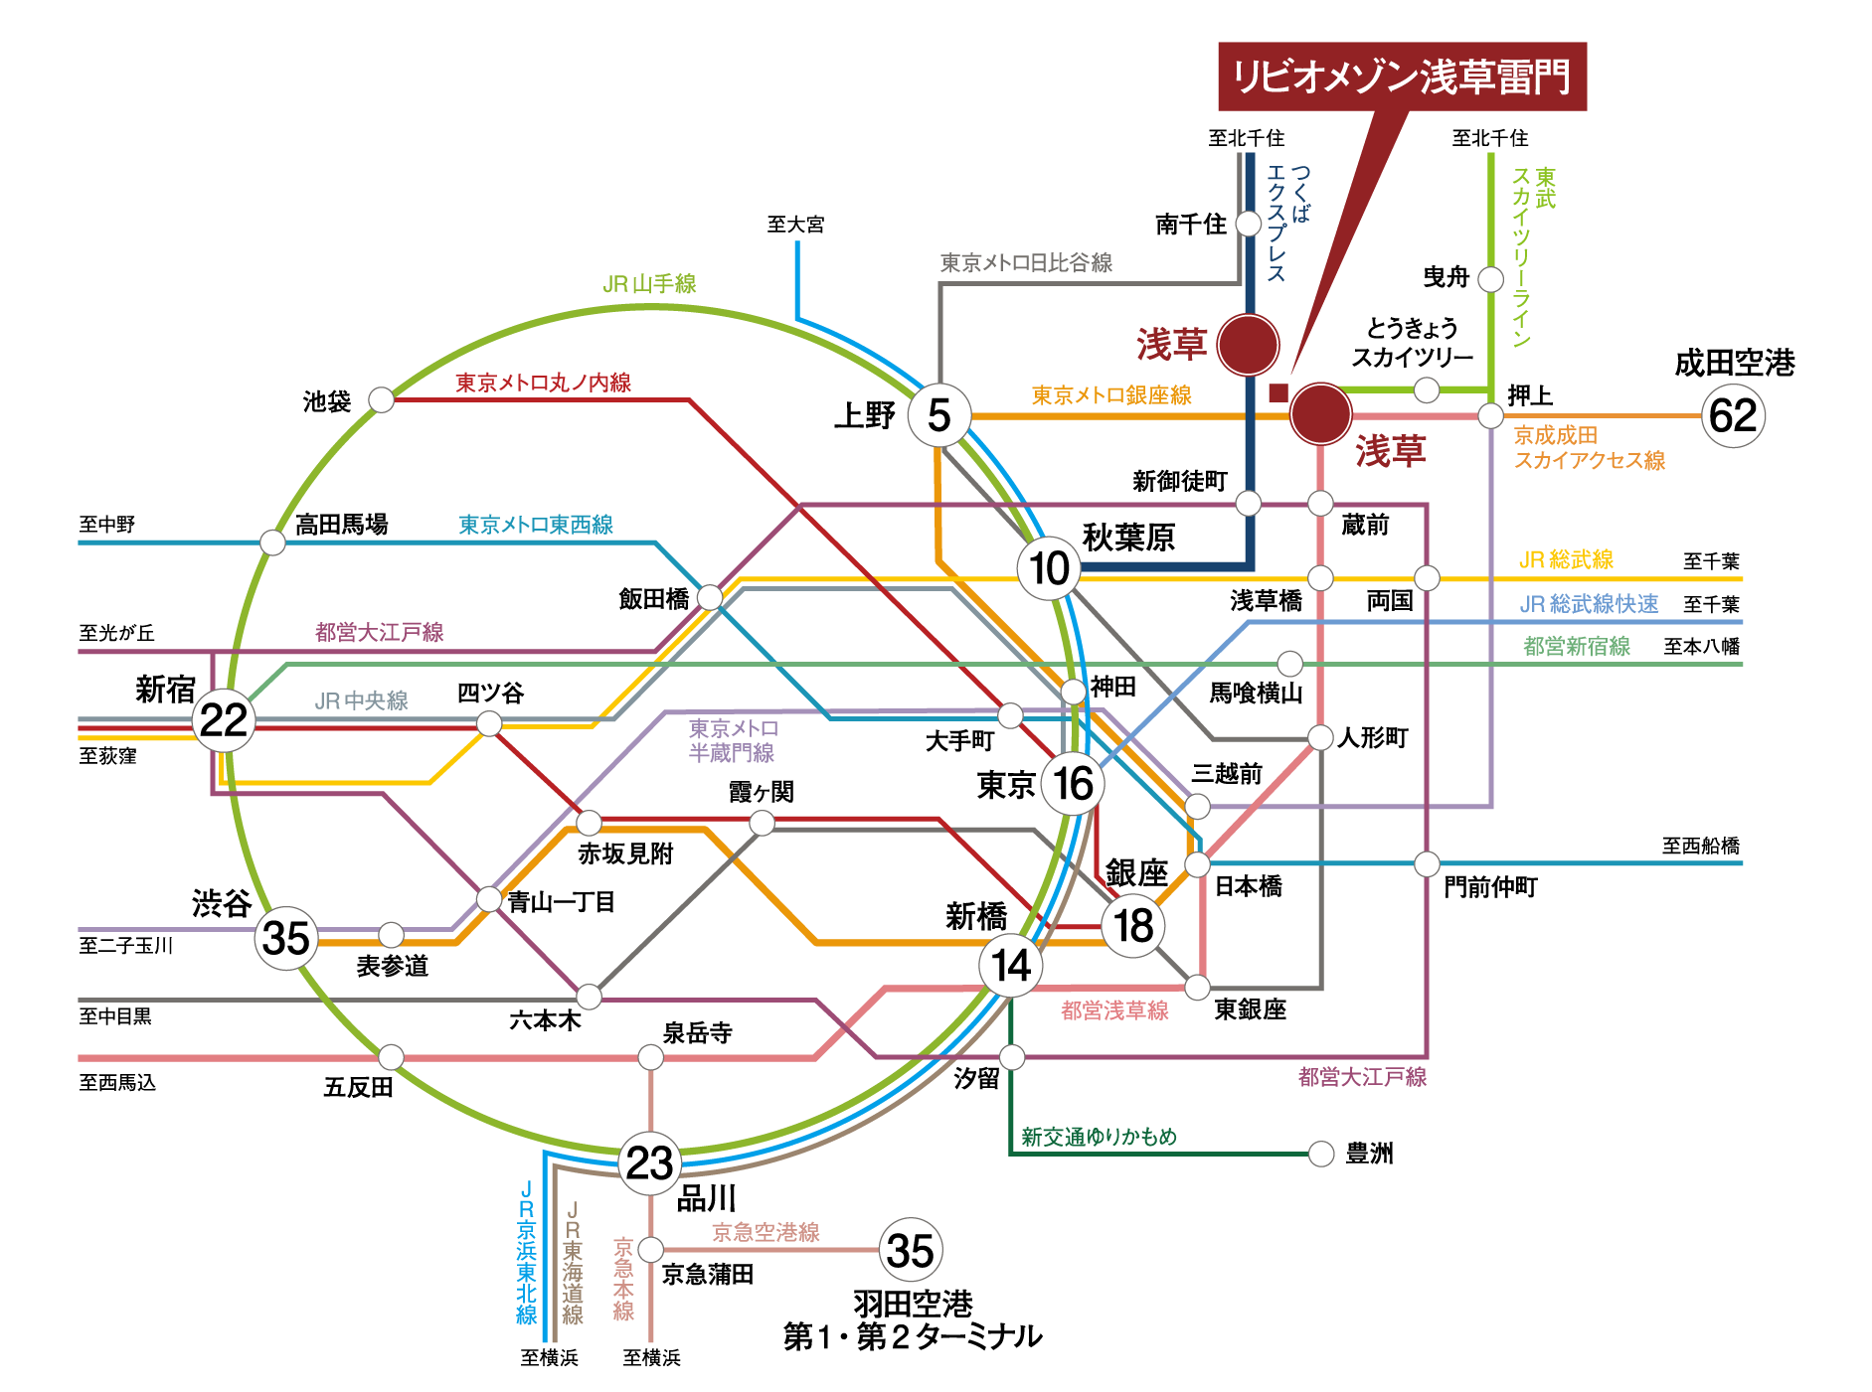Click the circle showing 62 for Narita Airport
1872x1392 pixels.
[x=1733, y=415]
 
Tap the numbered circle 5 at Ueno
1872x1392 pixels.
[x=938, y=415]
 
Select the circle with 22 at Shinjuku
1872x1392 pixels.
[x=223, y=720]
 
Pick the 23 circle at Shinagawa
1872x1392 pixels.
[x=650, y=1162]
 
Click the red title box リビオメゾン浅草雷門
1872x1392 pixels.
[x=1401, y=77]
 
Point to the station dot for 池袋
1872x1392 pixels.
[x=381, y=399]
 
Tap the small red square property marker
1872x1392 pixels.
[x=1278, y=392]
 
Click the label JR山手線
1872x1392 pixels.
[x=649, y=284]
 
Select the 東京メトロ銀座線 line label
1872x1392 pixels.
[x=1110, y=395]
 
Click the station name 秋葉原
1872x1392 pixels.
[x=1128, y=538]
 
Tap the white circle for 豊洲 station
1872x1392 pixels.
[x=1321, y=1154]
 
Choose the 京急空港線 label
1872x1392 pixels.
[x=766, y=1232]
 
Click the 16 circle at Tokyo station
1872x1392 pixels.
[x=1073, y=783]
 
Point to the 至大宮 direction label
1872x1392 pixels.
[x=795, y=225]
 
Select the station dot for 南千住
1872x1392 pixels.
[x=1249, y=224]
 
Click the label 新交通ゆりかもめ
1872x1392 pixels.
[x=1099, y=1137]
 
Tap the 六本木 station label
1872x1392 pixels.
[x=545, y=1020]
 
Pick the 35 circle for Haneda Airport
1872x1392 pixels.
[x=911, y=1250]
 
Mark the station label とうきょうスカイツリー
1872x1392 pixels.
[x=1412, y=343]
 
